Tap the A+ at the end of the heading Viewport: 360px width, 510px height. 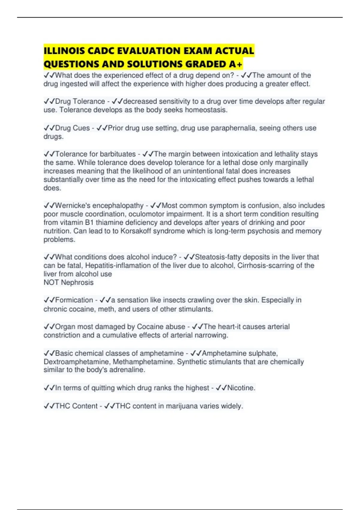[236, 64]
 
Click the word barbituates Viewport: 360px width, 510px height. [118, 154]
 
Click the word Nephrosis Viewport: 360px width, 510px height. [77, 283]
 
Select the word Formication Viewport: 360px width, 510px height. [74, 300]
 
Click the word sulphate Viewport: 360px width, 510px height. [263, 353]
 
